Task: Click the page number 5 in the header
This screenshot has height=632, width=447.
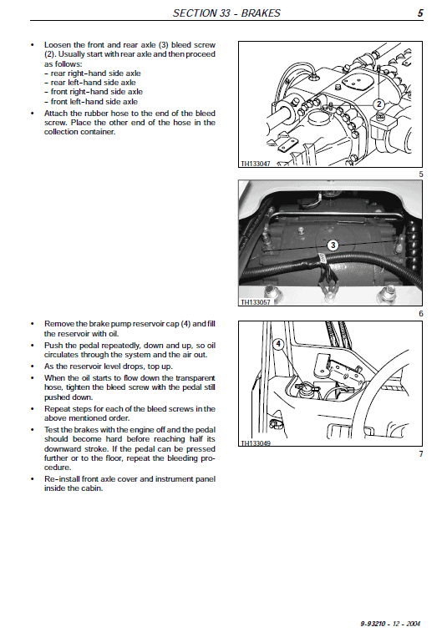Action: tap(420, 13)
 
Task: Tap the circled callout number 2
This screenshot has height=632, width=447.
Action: tap(378, 104)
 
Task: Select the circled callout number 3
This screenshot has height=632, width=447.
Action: tap(333, 245)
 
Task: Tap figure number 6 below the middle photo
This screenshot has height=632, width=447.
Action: tap(421, 313)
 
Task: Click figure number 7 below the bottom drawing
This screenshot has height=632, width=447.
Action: tap(421, 453)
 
